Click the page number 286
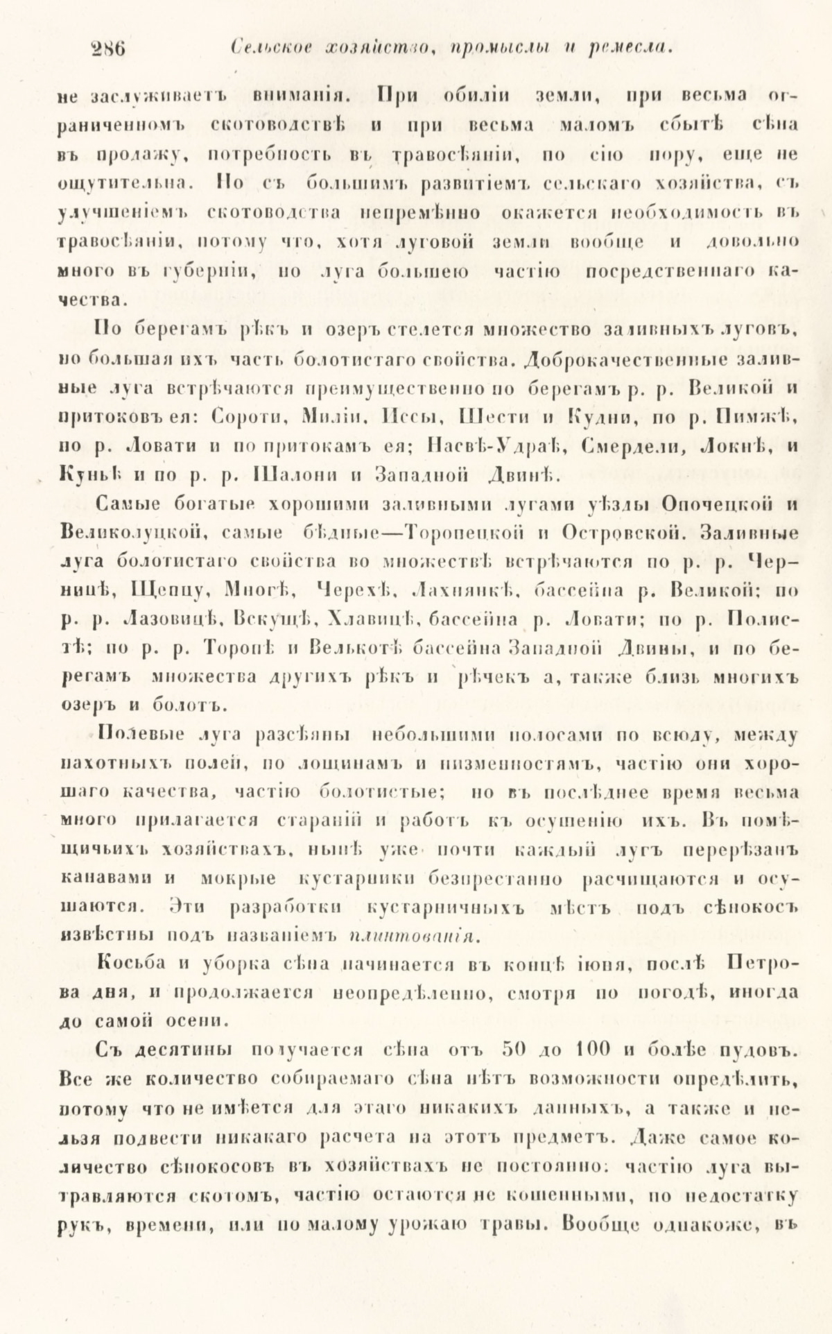click(111, 49)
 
